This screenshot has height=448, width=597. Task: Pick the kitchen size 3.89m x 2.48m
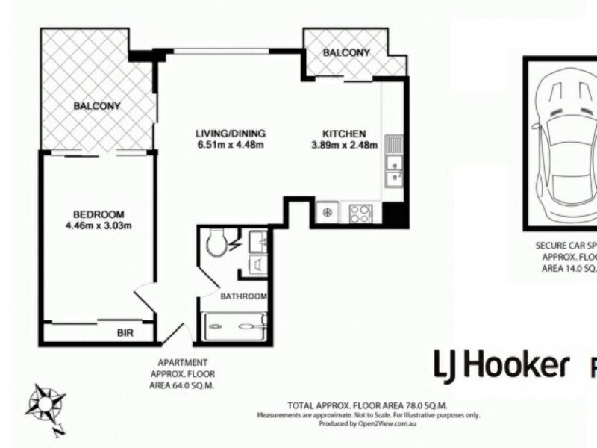[344, 145]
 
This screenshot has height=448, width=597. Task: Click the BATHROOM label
[243, 296]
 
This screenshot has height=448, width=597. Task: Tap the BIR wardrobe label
[125, 332]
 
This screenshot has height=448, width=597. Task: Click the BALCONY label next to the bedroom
[96, 106]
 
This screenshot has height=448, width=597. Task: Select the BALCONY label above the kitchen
[346, 52]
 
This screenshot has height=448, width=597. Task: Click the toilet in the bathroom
[218, 243]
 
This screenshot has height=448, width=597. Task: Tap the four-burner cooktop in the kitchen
[360, 214]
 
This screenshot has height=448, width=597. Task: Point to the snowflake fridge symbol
[326, 214]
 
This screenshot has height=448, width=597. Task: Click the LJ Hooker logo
[501, 365]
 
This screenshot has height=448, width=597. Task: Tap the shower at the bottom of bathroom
[234, 326]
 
